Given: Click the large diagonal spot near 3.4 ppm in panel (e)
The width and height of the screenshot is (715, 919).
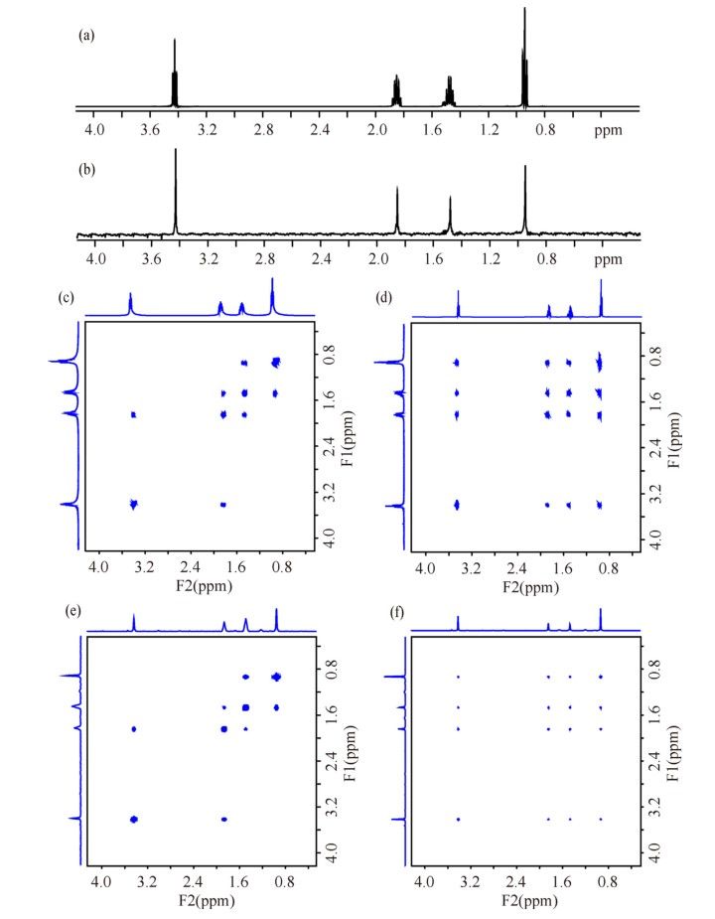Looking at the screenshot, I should point(134,819).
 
